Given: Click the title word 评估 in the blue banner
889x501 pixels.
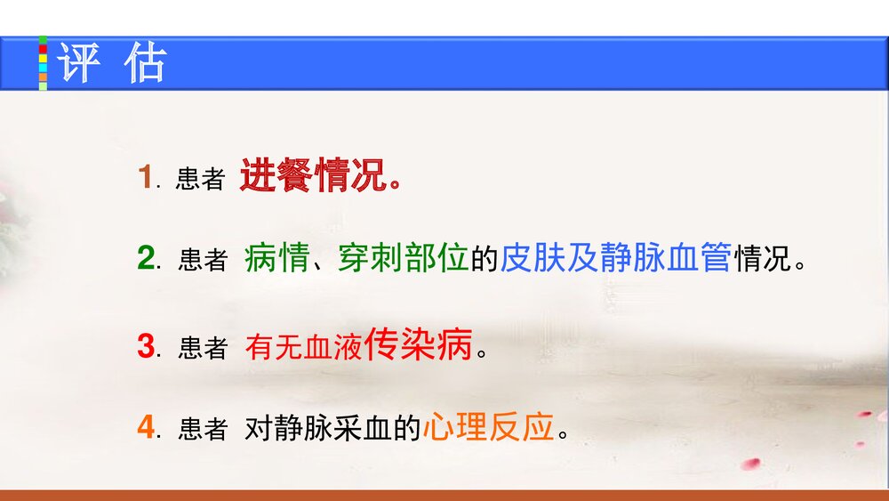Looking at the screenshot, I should [x=112, y=64].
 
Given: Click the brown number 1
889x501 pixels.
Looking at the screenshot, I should [x=145, y=177].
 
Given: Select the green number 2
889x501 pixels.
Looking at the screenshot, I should [x=146, y=259].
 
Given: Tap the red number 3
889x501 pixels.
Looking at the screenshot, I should [x=146, y=346].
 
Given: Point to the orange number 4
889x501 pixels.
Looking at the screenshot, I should [x=146, y=429].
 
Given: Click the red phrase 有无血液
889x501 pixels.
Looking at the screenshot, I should [x=305, y=347].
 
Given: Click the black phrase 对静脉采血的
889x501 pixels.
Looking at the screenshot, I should [x=332, y=430].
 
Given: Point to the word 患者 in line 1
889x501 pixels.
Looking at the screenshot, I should [x=200, y=180].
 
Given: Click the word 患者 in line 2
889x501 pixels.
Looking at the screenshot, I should [x=203, y=261].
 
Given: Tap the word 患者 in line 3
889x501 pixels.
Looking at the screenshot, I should [x=203, y=348].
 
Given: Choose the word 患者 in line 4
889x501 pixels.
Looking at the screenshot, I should [x=203, y=431].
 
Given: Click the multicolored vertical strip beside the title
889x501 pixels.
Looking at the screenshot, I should [x=43, y=63].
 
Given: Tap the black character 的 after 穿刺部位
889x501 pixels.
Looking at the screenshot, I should [x=485, y=259].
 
